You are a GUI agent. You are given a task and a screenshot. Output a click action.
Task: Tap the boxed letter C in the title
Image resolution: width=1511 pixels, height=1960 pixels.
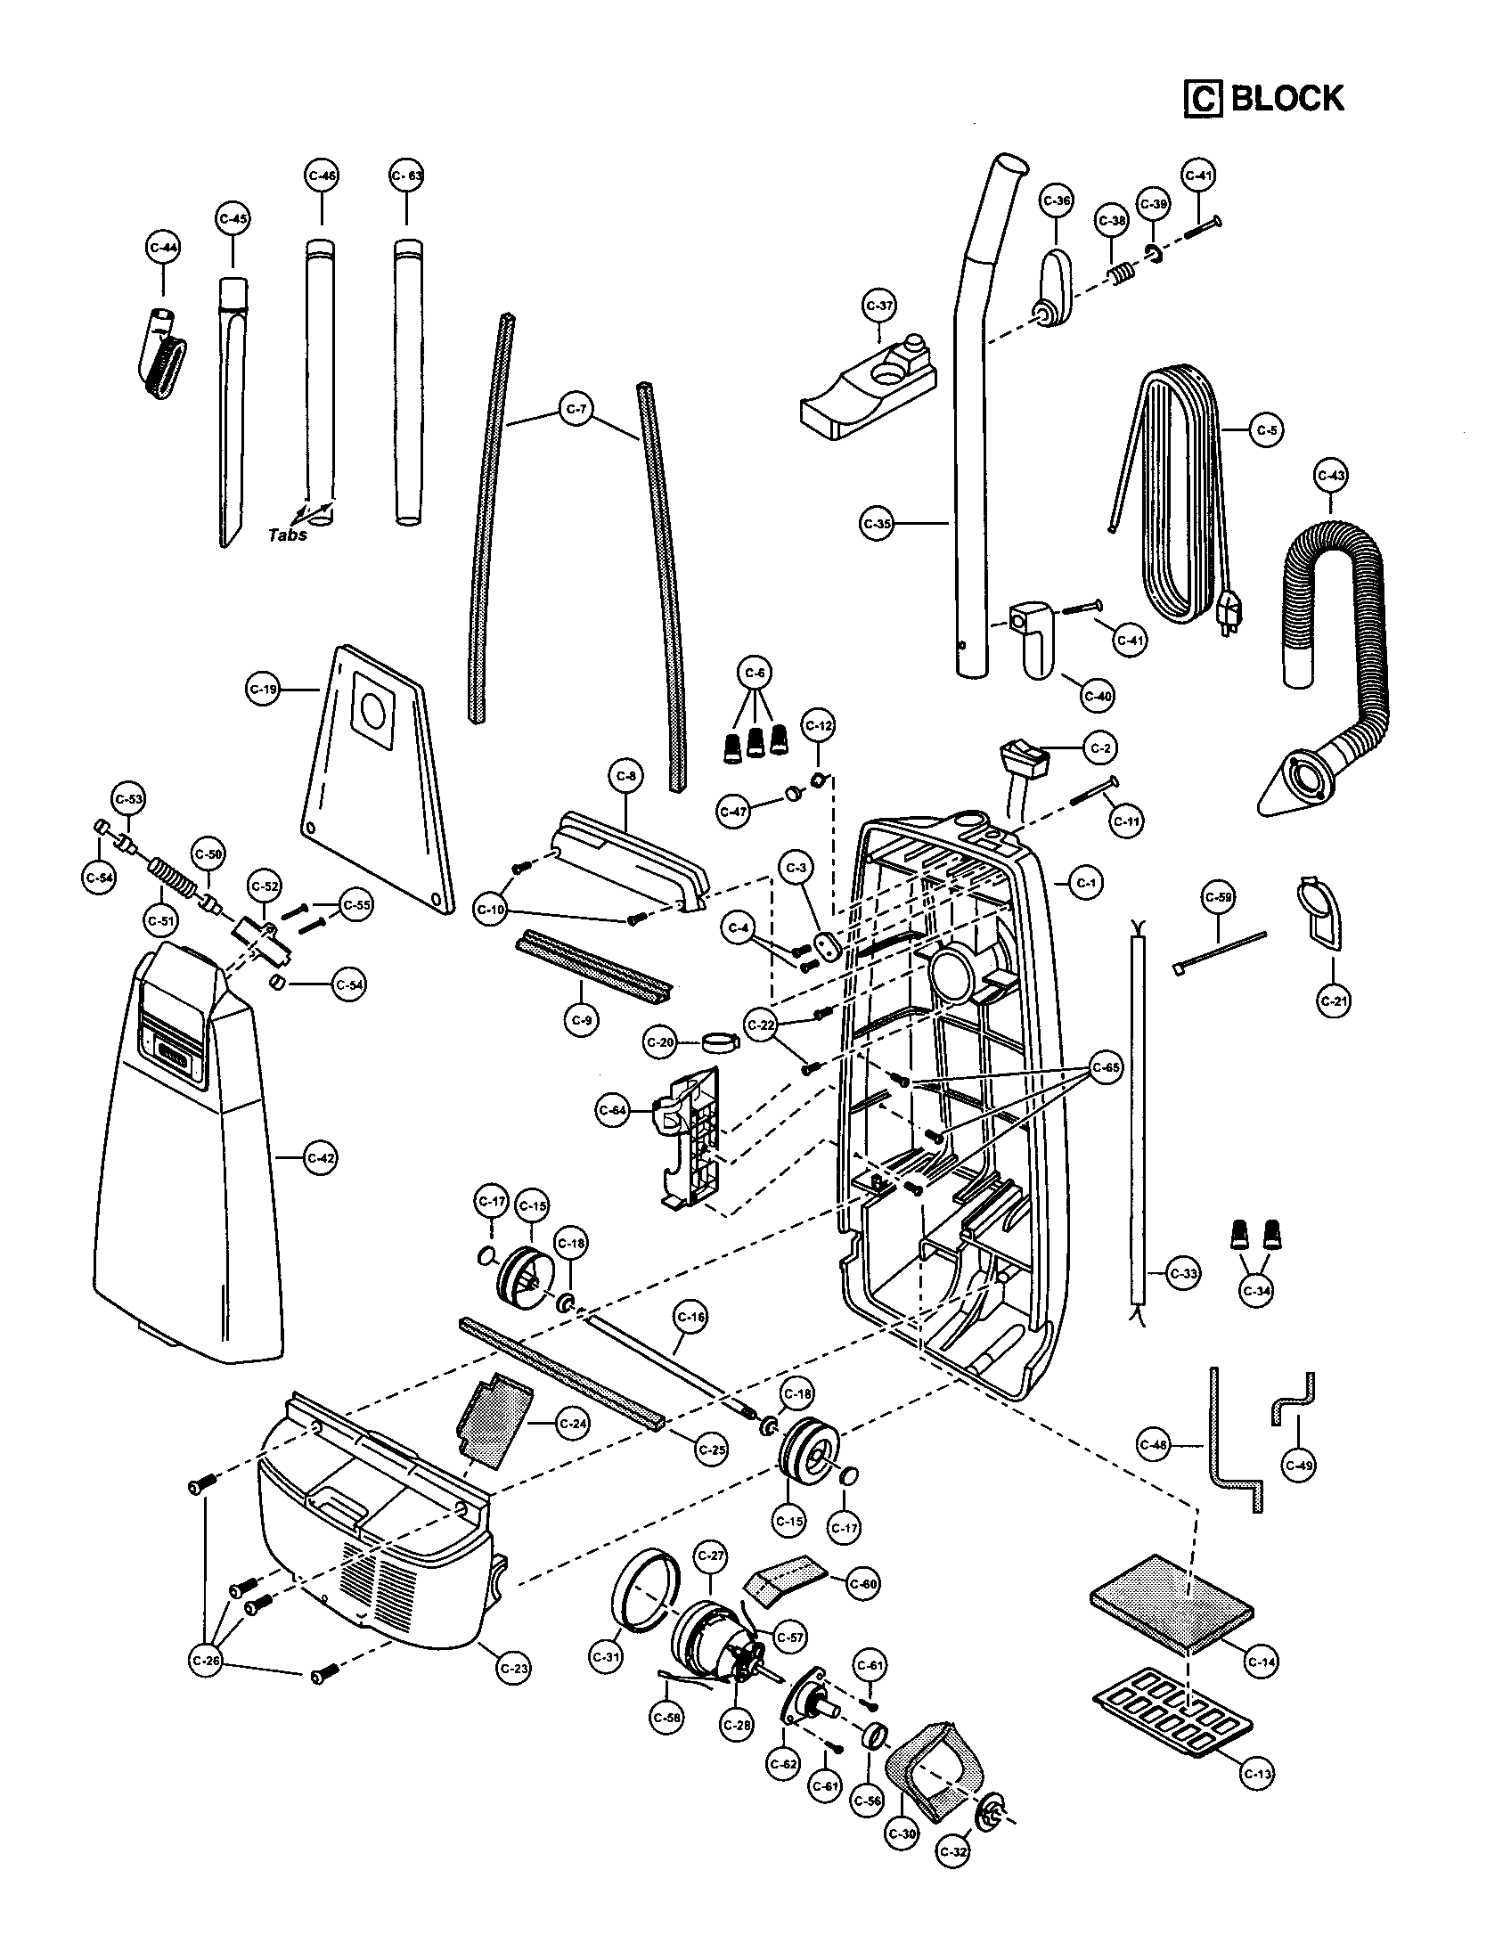pos(1204,99)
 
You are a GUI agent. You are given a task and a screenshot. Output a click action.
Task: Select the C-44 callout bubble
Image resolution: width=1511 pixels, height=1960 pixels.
pos(162,248)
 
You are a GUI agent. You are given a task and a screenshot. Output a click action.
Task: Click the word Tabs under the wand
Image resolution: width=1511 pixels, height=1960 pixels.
pos(288,535)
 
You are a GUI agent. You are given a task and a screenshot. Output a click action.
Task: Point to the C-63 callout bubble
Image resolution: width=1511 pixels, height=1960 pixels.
pos(406,176)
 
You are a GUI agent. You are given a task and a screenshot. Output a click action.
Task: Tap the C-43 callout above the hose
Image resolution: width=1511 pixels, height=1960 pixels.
pos(1330,476)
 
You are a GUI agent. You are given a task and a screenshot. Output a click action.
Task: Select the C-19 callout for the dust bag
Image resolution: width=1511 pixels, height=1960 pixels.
pos(263,690)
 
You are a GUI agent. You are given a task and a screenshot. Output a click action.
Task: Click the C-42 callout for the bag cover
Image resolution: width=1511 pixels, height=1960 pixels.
pos(321,1158)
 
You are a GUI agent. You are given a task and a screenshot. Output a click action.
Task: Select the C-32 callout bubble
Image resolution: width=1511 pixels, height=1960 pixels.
pos(953,1850)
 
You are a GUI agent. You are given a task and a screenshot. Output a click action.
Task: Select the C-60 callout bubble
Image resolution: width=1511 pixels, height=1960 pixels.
pos(863,1584)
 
